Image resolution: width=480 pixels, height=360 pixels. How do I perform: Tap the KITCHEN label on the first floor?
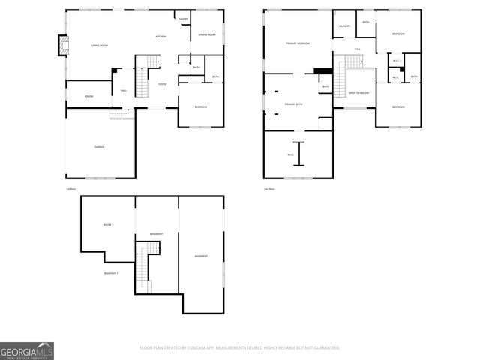click(x=160, y=37)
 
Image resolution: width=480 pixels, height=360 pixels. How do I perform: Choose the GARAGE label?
click(x=99, y=147)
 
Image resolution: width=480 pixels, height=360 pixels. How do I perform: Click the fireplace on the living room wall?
click(x=61, y=46)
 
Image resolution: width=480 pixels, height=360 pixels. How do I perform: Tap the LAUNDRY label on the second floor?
click(x=344, y=26)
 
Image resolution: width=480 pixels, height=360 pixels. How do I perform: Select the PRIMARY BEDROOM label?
click(x=298, y=44)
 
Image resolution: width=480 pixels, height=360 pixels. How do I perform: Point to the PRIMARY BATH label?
click(x=293, y=103)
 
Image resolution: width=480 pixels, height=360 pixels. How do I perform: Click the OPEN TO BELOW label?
click(x=358, y=93)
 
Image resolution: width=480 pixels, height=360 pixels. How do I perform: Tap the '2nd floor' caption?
click(x=269, y=189)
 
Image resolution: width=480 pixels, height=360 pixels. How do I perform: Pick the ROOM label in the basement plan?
click(x=107, y=225)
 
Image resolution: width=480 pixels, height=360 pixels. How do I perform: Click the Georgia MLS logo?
click(x=26, y=351)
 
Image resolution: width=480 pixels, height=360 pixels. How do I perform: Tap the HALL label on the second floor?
click(x=358, y=49)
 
